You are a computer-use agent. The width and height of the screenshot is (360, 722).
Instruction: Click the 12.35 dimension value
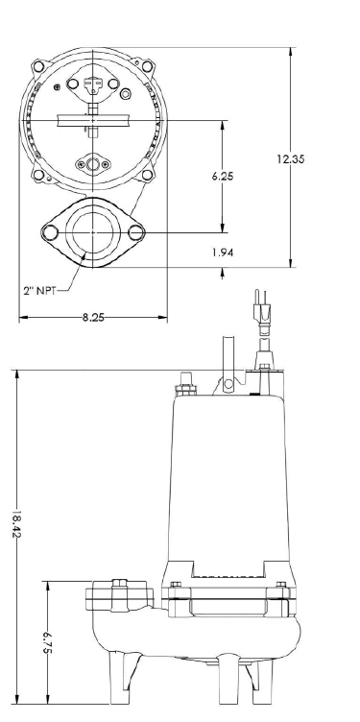[x=291, y=159]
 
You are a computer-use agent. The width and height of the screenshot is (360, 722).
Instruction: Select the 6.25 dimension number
[x=223, y=176]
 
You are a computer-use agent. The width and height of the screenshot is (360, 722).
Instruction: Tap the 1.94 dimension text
[x=223, y=253]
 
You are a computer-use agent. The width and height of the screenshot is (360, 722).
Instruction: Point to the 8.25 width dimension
[x=93, y=317]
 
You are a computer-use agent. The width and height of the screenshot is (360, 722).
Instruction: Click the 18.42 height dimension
[x=17, y=523]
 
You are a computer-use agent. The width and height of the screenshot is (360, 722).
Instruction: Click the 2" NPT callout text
[x=39, y=291]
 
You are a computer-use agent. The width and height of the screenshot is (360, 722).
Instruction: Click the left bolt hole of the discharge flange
[x=50, y=232]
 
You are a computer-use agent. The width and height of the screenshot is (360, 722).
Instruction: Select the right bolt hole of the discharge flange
[x=135, y=232]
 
